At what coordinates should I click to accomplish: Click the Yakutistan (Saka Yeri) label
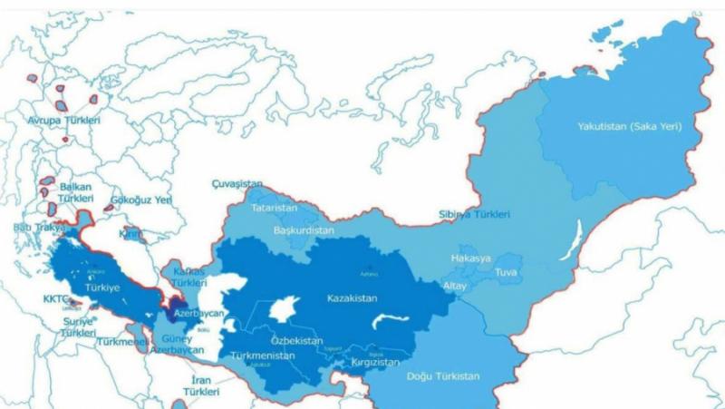point(629,126)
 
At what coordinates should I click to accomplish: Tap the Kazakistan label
point(353,297)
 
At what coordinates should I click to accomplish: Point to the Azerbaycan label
point(199,313)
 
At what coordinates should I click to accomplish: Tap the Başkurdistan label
point(304,230)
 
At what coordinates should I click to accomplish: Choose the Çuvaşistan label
point(237,182)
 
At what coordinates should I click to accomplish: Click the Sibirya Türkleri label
point(473,214)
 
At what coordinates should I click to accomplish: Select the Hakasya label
point(470,258)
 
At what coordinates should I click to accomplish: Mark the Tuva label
point(506,271)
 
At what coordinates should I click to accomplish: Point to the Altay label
point(454,286)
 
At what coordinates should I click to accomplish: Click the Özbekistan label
point(296,340)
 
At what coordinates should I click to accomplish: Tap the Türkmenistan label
point(263,355)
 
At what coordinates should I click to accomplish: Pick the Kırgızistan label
point(372,362)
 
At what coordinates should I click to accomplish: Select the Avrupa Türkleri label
point(63,120)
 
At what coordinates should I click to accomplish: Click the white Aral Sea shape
point(285,308)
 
